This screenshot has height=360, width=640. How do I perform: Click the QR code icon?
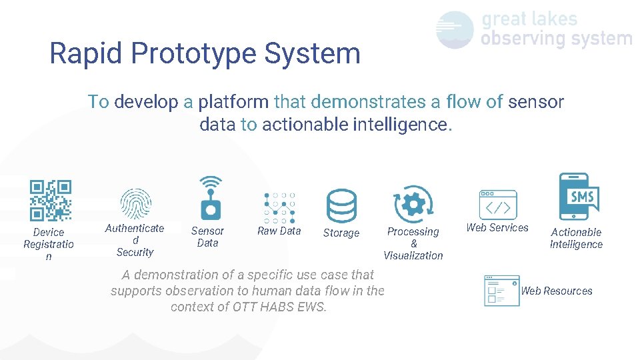click(51, 200)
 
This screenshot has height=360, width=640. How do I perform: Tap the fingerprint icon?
click(135, 204)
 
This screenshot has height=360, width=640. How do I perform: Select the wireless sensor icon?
click(211, 198)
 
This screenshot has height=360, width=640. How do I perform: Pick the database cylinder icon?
click(341, 205)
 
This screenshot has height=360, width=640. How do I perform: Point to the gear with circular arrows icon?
click(413, 203)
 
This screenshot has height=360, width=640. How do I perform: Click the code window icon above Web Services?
click(498, 205)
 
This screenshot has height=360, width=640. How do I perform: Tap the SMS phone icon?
click(578, 197)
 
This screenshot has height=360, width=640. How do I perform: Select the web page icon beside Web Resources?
click(502, 291)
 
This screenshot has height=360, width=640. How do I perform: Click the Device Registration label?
click(49, 244)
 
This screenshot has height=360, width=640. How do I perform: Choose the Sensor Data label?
click(207, 237)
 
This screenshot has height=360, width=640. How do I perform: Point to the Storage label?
click(341, 233)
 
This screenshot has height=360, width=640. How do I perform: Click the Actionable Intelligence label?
click(576, 238)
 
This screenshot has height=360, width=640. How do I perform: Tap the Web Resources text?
click(557, 291)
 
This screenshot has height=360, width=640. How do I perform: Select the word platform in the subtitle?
click(234, 102)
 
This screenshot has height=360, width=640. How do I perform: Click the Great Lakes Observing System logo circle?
click(455, 30)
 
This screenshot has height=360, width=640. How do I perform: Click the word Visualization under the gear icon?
click(413, 255)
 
